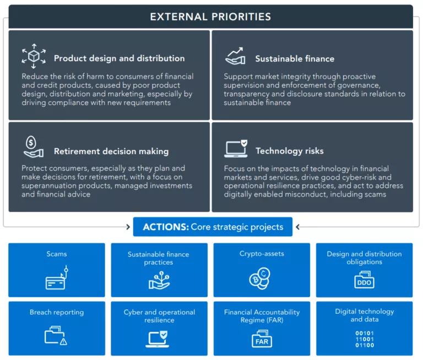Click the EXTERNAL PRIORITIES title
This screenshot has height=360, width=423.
[211, 17]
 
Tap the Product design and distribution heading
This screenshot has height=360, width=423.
[119, 58]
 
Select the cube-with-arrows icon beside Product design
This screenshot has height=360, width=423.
[34, 56]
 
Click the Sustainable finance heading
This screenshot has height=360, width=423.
[295, 58]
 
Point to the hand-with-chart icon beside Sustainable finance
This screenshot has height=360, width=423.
[235, 56]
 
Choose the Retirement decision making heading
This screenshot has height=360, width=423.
[111, 151]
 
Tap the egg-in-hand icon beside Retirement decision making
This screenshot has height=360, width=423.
[34, 147]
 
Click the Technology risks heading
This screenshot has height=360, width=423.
[289, 151]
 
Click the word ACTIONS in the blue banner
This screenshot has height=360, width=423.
[165, 227]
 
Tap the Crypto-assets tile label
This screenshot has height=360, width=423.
[262, 254]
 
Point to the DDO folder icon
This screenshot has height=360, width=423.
[364, 280]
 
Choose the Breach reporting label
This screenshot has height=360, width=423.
[57, 312]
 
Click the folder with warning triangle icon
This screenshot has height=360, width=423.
[56, 335]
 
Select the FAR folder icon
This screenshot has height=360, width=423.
[262, 339]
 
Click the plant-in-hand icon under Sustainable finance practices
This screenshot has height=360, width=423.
[159, 280]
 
